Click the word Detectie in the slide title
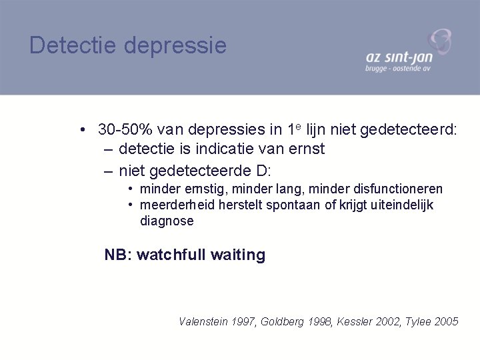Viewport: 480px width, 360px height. [69, 45]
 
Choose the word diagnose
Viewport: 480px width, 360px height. [167, 221]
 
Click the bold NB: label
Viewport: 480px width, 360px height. [119, 254]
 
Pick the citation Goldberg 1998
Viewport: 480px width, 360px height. [287, 321]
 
